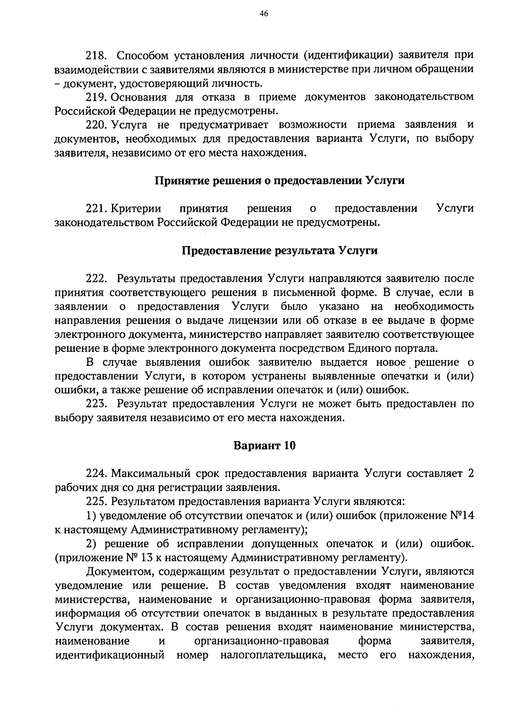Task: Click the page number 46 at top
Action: pos(264,14)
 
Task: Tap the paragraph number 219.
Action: pos(97,97)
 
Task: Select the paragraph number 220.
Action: pos(97,125)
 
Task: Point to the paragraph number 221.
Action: pos(97,208)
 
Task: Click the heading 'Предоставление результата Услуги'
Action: pos(279,250)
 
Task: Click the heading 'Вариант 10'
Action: pos(264,446)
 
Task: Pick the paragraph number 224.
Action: pos(97,474)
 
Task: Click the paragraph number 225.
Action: pos(97,502)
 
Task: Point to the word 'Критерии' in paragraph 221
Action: pos(136,208)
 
